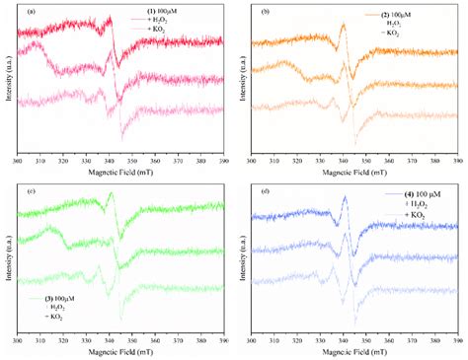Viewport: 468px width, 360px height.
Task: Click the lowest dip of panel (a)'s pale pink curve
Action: (122, 139)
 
